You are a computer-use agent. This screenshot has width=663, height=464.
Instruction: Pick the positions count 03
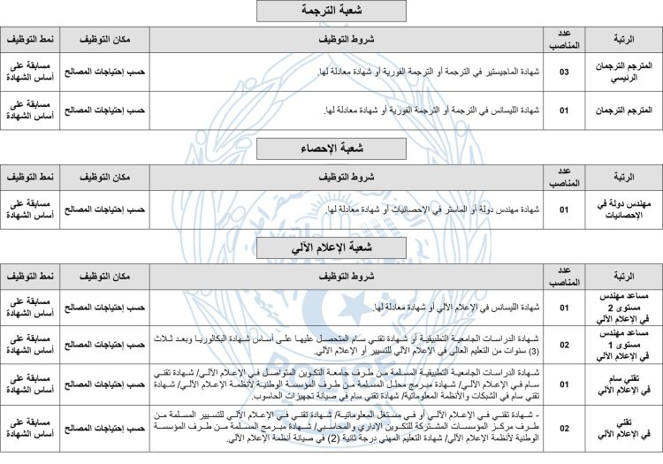[x=563, y=72]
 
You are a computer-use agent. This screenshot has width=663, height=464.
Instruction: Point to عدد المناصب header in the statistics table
[x=563, y=176]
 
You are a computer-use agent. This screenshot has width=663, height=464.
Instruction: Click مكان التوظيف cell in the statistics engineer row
[x=105, y=209]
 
